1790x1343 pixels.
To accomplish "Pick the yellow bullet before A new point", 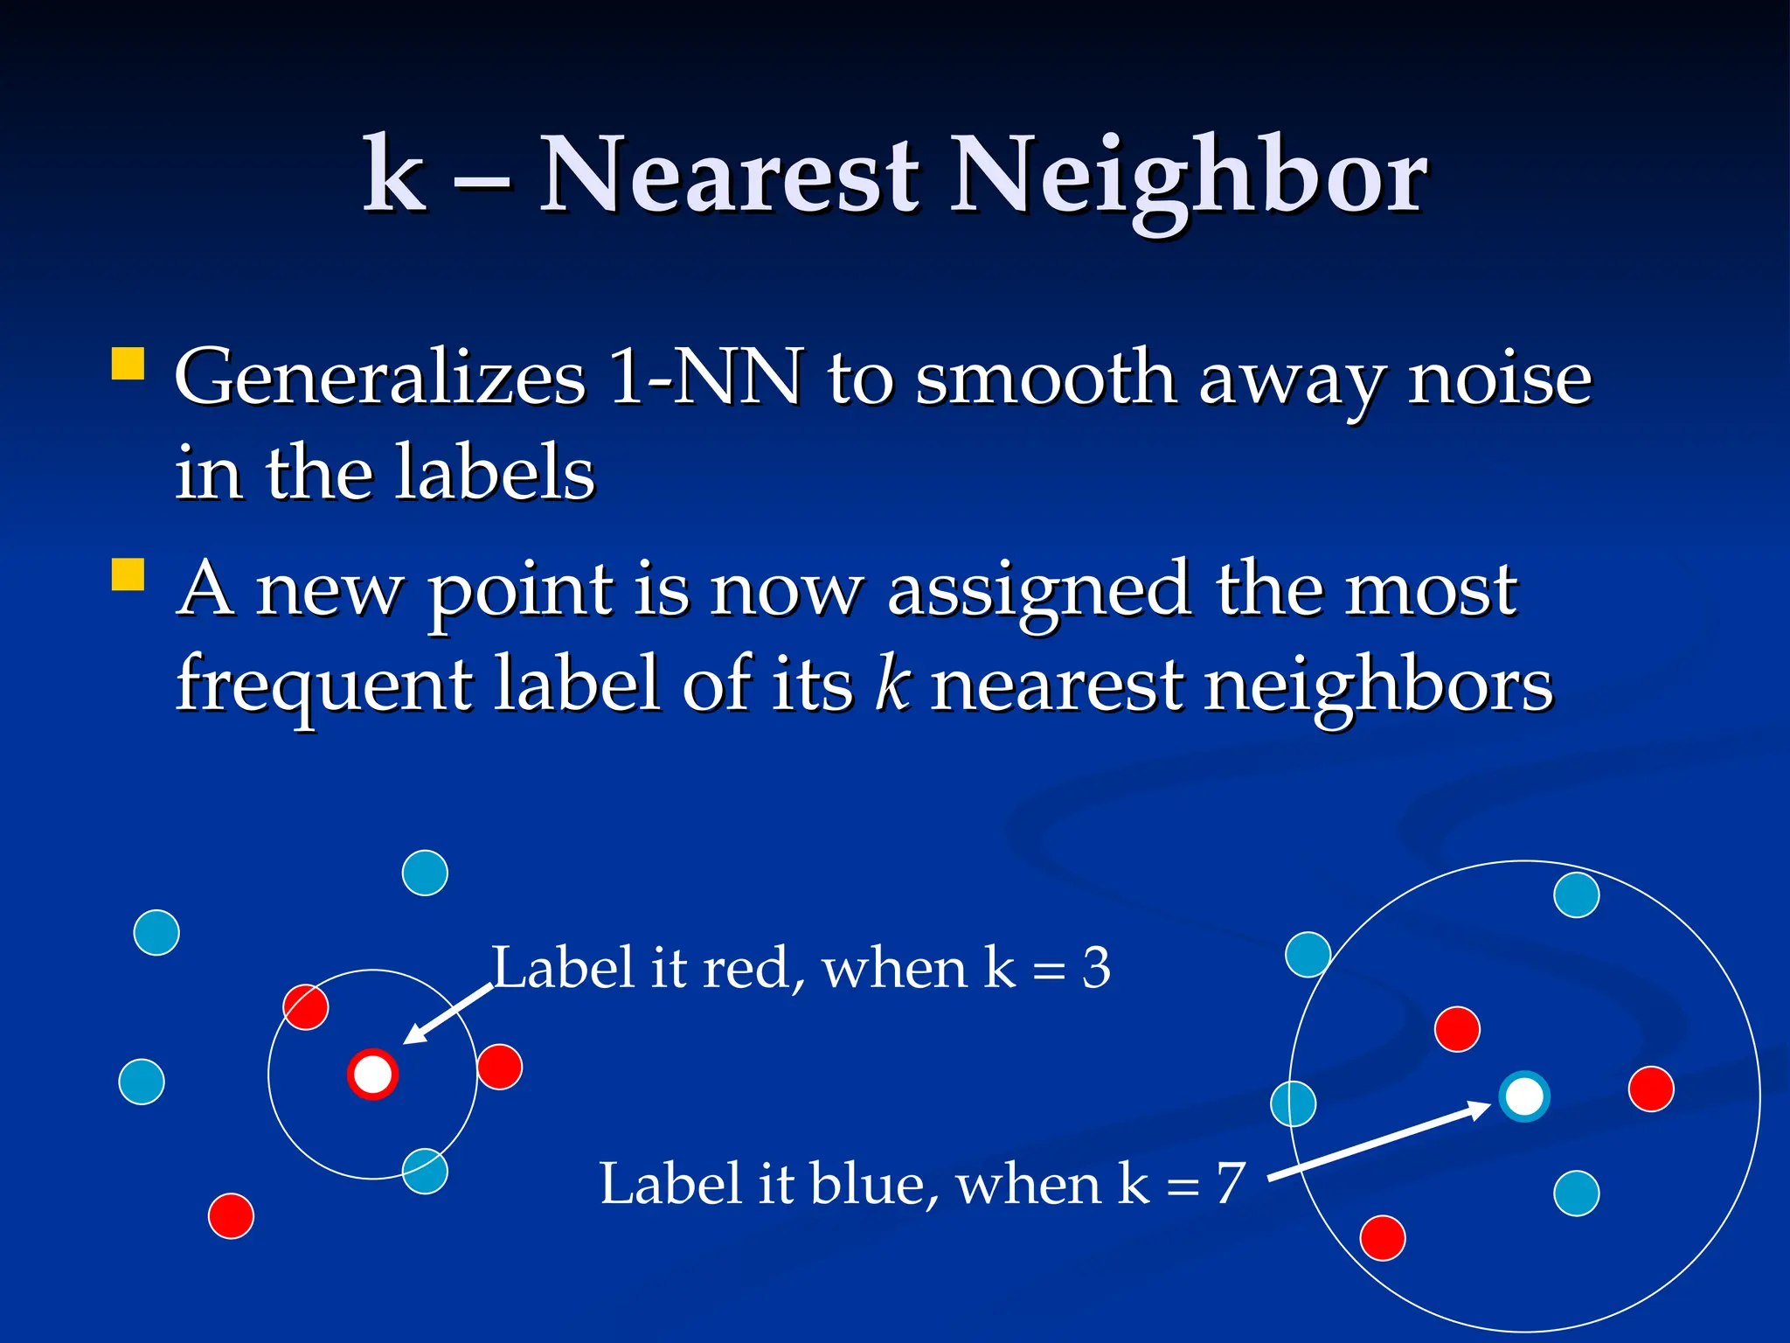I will pos(128,575).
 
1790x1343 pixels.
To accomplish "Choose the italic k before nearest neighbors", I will pos(893,685).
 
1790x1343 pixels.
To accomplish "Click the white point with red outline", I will pos(373,1074).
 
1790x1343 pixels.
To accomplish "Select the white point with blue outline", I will pos(1524,1096).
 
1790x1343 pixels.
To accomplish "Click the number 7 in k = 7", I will pos(1231,1184).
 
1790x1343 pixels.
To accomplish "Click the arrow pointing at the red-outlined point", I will pos(447,1014).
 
